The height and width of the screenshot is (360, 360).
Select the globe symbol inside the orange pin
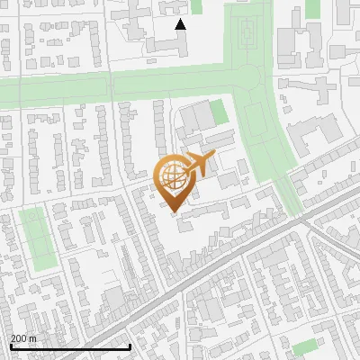point(175,176)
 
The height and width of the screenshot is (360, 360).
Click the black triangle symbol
point(181,24)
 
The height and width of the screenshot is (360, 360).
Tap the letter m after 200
point(33,338)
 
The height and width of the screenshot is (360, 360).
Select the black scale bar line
point(70,346)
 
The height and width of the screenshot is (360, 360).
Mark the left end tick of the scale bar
point(11,345)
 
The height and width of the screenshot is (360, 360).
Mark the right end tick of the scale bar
point(130,345)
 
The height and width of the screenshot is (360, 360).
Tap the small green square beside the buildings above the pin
point(218,112)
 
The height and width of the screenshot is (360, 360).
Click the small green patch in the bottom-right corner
point(305,346)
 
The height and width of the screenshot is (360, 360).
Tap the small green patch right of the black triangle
point(197,6)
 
